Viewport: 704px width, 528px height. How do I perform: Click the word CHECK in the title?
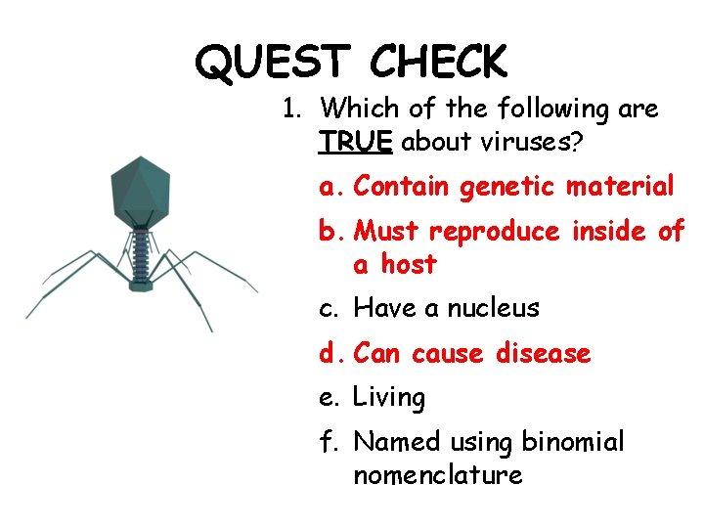[439, 63]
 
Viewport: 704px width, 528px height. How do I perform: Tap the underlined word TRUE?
[355, 142]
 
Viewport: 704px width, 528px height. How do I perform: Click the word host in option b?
[409, 264]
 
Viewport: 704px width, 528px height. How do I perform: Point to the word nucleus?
[493, 309]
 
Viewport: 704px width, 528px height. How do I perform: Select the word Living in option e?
[389, 398]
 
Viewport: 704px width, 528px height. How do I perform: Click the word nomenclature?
[437, 475]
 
